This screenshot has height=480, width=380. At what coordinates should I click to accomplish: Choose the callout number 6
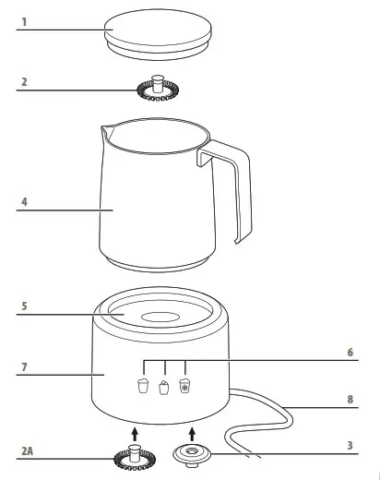tap(350, 352)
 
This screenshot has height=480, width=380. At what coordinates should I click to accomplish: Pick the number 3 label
tap(350, 445)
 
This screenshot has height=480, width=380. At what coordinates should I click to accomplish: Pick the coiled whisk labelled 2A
tap(133, 456)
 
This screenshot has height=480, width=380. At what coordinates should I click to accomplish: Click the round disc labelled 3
tap(192, 455)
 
